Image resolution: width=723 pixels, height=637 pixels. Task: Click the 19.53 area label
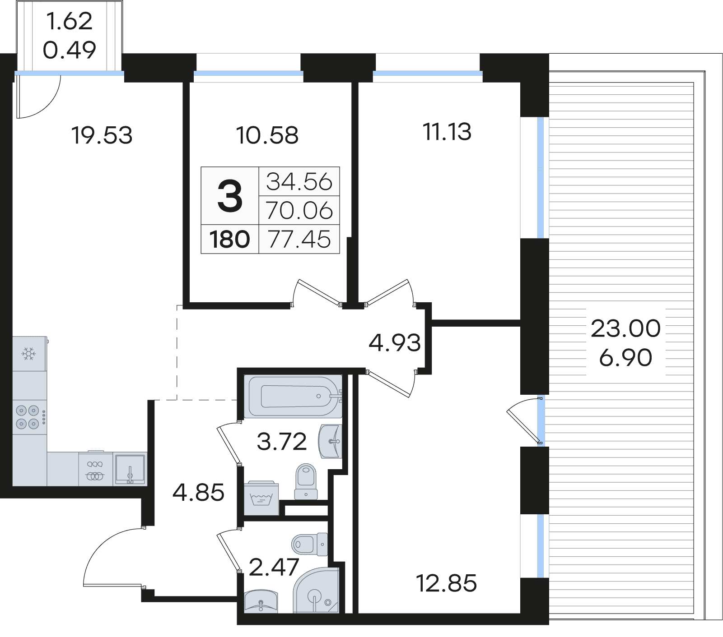pos(102,135)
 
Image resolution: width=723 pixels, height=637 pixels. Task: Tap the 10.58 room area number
pos(268,135)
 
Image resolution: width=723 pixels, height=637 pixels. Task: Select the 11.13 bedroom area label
pos(447,132)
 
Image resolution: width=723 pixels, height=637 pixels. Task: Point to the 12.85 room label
pos(446,583)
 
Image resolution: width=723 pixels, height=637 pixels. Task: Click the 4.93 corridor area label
pos(395,343)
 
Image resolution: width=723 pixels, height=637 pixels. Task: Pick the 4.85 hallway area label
pos(199,492)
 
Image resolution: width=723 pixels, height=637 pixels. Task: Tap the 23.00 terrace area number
pos(625,328)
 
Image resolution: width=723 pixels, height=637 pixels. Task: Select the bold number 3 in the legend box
pos(230,195)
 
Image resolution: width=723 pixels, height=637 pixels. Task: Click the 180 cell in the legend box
pos(230,239)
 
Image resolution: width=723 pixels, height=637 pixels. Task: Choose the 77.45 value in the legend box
pos(299,239)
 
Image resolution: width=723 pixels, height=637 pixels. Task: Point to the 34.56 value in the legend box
pos(299,181)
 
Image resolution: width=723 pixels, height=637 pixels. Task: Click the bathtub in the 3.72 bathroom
pos(293,396)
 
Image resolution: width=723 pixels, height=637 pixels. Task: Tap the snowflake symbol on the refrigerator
pos(29,354)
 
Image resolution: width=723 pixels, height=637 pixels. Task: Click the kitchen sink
pos(130,469)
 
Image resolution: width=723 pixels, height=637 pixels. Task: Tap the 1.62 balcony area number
pos(70,21)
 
